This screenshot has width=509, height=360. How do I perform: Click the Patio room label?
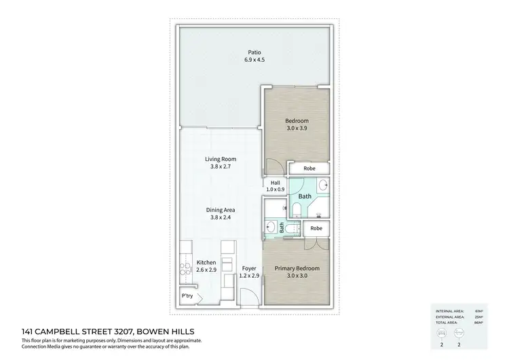[x=254, y=52]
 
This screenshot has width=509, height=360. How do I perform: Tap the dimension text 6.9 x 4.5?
[x=254, y=60]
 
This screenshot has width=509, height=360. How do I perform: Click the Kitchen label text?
[x=206, y=262]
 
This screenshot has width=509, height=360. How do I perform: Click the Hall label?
[x=276, y=183]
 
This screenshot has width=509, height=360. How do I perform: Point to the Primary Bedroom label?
[x=297, y=268]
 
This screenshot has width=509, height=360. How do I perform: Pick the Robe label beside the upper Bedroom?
[x=309, y=168]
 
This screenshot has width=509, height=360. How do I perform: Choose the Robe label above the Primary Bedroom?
[x=316, y=228]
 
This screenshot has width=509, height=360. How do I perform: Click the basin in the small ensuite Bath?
[x=271, y=227]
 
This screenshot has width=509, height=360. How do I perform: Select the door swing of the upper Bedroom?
[x=273, y=167]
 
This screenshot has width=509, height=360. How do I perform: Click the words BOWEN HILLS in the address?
[x=178, y=331]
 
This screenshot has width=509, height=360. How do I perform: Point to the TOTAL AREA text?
[x=447, y=322]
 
